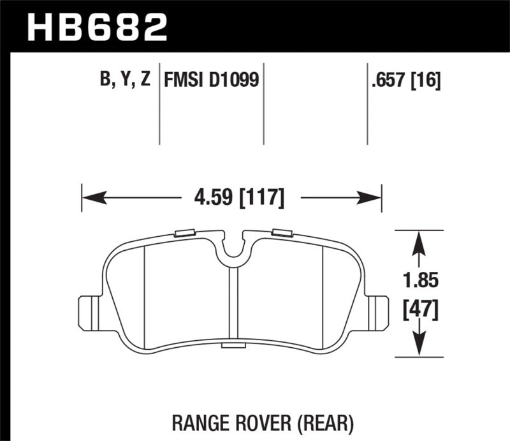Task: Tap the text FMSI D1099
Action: [x=210, y=79]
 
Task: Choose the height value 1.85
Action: [x=419, y=279]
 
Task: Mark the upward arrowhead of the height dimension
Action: [x=419, y=240]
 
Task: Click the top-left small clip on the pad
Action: [x=185, y=233]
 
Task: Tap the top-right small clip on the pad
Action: [x=281, y=233]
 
